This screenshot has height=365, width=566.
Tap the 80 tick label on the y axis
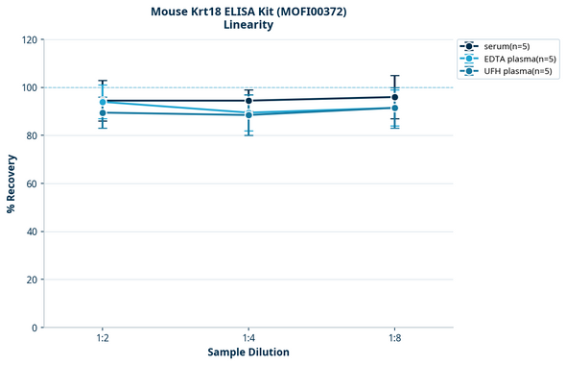pyautogui.click(x=31, y=135)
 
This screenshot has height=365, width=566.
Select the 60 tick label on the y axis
pyautogui.click(x=31, y=183)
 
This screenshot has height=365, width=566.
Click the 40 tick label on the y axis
pyautogui.click(x=31, y=231)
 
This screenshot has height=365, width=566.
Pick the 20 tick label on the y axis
pyautogui.click(x=31, y=280)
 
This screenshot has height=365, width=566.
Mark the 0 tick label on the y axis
pyautogui.click(x=34, y=328)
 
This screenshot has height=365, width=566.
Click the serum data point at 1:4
pyautogui.click(x=248, y=101)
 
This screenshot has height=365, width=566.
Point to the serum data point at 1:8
pyautogui.click(x=394, y=97)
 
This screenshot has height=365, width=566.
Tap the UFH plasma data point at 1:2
pyautogui.click(x=103, y=112)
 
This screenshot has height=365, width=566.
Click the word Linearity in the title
pyautogui.click(x=248, y=25)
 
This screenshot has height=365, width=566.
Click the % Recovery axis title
pyautogui.click(x=12, y=182)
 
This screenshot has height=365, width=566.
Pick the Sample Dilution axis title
pyautogui.click(x=248, y=353)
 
